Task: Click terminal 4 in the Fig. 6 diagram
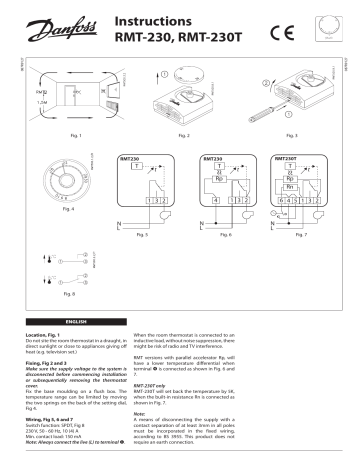click(x=215, y=201)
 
